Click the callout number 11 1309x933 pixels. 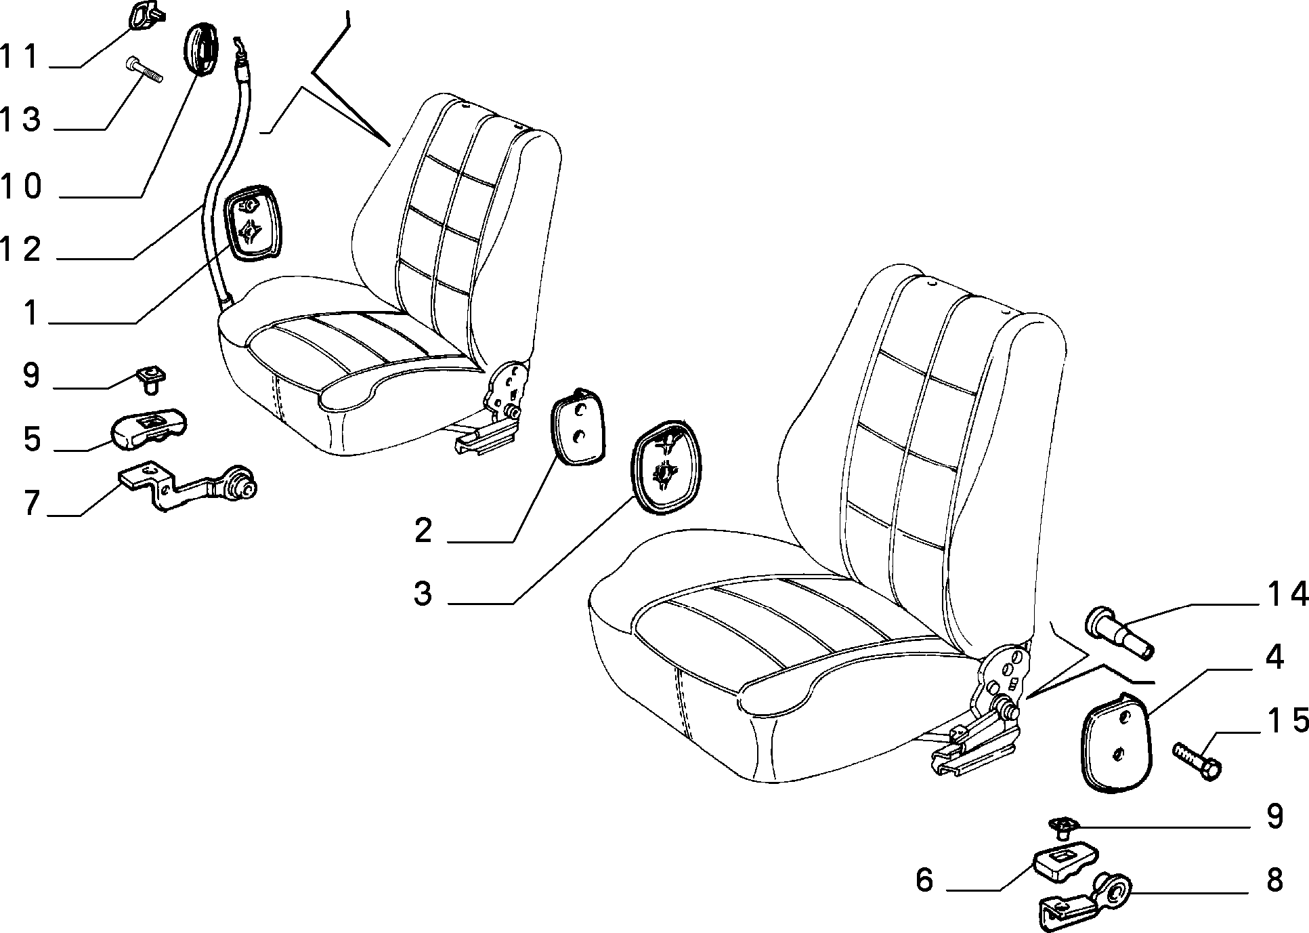[22, 56]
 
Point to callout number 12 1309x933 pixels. [22, 249]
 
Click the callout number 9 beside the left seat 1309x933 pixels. [31, 375]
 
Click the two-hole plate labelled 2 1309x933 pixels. [578, 428]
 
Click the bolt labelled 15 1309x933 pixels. [1197, 762]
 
